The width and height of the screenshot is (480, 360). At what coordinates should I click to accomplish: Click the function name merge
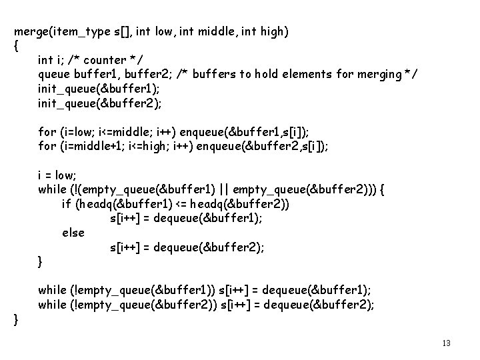(30, 31)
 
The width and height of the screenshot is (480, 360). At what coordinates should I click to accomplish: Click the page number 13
(446, 343)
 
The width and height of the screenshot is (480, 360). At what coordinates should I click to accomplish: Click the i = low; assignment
(57, 175)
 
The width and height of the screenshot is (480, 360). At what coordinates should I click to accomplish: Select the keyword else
(73, 233)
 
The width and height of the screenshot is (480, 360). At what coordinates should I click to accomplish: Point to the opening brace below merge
(16, 46)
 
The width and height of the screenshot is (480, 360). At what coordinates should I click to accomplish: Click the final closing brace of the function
(16, 319)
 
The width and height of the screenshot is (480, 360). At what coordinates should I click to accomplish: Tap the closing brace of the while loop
(41, 261)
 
